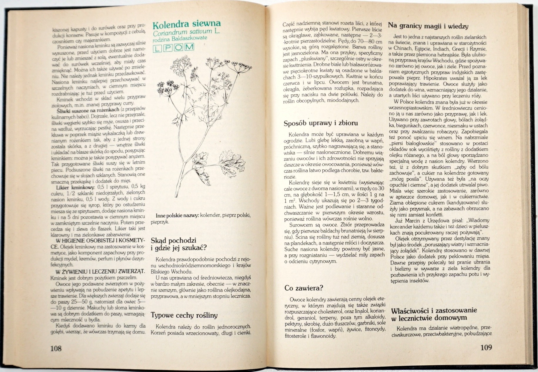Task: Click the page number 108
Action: [x=56, y=348]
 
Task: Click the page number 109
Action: [x=486, y=348]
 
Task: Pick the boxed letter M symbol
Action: [x=190, y=47]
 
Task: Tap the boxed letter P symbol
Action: [x=167, y=47]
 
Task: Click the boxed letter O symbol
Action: [x=178, y=47]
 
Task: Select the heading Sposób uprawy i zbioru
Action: [x=321, y=123]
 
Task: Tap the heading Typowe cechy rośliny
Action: [x=184, y=316]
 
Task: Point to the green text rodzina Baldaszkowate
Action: [x=180, y=38]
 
